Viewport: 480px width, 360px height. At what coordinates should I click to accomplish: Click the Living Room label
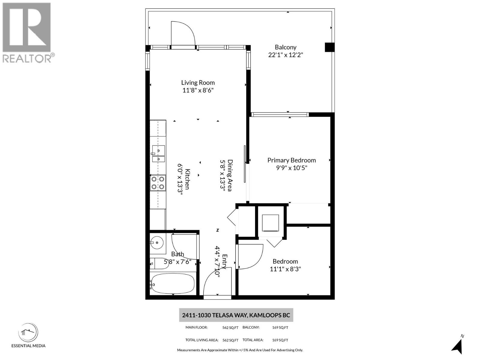point(198,82)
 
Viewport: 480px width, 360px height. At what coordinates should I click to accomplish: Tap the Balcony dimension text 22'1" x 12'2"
point(286,55)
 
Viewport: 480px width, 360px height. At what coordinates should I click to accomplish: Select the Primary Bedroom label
point(291,160)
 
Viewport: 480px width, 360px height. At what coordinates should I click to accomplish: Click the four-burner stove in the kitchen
point(158,183)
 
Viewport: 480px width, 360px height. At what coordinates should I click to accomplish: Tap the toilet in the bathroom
point(158,263)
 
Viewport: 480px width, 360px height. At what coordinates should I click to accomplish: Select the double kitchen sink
point(158,154)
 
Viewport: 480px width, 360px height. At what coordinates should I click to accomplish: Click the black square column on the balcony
point(329,47)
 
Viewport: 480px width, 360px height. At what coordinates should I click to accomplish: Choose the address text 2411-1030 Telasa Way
point(236,315)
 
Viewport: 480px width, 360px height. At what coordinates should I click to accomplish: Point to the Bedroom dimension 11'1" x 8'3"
point(285,269)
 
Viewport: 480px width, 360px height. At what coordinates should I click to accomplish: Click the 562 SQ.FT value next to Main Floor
point(230,328)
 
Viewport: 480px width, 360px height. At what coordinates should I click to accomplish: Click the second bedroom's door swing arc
point(251,256)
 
